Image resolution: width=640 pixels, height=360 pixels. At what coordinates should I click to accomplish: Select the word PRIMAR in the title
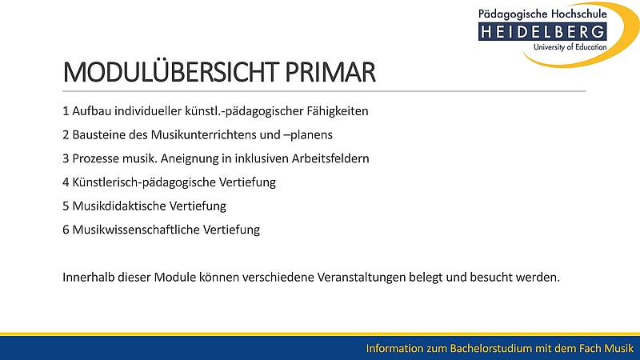coord(330,73)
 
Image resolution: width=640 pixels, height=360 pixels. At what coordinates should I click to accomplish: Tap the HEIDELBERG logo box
coord(542,32)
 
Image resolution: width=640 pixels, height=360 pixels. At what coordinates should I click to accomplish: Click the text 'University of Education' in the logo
coord(570,47)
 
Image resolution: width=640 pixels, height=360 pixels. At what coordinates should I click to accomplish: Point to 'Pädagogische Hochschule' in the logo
coord(542,14)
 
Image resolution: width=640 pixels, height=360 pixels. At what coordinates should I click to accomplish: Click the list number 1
coord(66,111)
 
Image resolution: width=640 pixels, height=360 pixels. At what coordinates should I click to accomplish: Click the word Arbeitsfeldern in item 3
coord(330,158)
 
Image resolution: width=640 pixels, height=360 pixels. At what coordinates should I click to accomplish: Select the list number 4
coord(66,182)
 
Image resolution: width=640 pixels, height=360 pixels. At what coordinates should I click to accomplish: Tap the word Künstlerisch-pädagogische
coord(144,182)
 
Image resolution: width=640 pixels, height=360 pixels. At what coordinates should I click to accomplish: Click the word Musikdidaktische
coord(119,206)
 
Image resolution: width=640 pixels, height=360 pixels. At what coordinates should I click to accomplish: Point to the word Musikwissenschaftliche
coord(136,230)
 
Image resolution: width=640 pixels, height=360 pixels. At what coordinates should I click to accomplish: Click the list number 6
coord(66,230)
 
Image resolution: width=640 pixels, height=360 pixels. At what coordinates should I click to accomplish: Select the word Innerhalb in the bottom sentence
coord(88,277)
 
